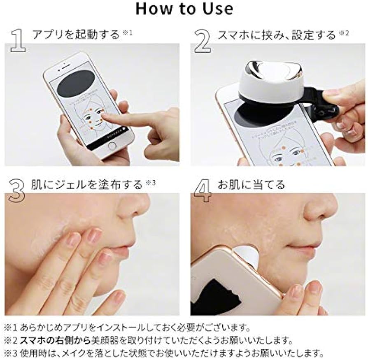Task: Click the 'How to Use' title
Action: tap(184, 9)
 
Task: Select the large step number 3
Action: tap(16, 190)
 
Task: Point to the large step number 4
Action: tap(202, 190)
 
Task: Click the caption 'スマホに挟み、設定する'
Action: tap(277, 35)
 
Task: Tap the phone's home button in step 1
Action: tap(111, 146)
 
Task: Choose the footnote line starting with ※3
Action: tap(163, 353)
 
